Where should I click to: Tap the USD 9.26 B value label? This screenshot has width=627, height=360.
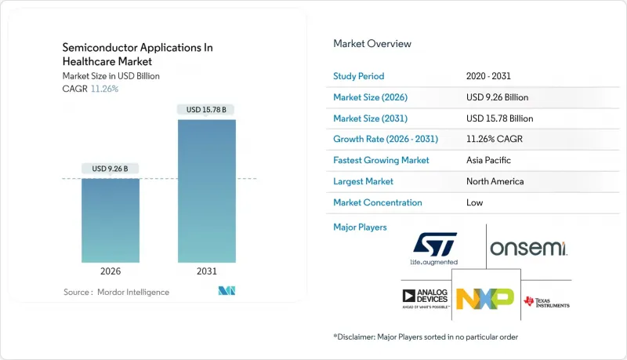111,169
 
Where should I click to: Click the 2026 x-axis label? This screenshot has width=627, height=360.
111,272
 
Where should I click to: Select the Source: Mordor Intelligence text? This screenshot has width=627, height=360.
116,292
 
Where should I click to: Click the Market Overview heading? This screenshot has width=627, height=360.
372,44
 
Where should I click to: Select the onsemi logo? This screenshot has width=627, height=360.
528,249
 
